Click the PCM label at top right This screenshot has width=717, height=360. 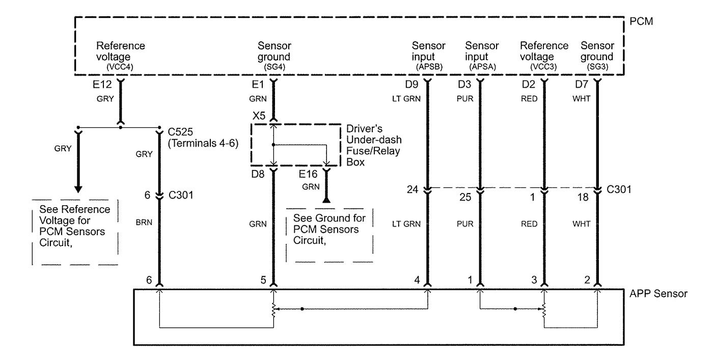click(641, 21)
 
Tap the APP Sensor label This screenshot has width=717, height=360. click(658, 294)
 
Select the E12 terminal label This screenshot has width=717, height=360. click(102, 85)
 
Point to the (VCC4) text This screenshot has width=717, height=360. click(120, 67)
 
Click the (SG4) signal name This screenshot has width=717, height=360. click(274, 67)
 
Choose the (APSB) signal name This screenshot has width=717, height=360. click(429, 67)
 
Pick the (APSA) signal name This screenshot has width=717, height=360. click(482, 67)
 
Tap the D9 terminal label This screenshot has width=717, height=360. click(411, 85)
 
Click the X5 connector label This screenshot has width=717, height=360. click(259, 116)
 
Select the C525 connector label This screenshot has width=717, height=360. click(181, 132)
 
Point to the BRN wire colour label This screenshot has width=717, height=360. click(144, 223)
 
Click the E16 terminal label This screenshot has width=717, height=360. click(308, 174)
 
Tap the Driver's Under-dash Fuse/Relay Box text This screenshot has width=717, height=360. click(374, 145)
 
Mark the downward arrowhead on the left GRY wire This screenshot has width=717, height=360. click(78, 189)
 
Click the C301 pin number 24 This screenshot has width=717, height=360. click(412, 189)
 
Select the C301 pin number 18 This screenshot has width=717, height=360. click(583, 197)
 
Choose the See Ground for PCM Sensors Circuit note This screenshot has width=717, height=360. click(329, 229)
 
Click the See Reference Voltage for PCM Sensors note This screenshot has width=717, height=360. click(74, 226)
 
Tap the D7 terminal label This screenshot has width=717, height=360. click(582, 85)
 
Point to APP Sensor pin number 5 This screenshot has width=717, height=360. click(263, 280)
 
